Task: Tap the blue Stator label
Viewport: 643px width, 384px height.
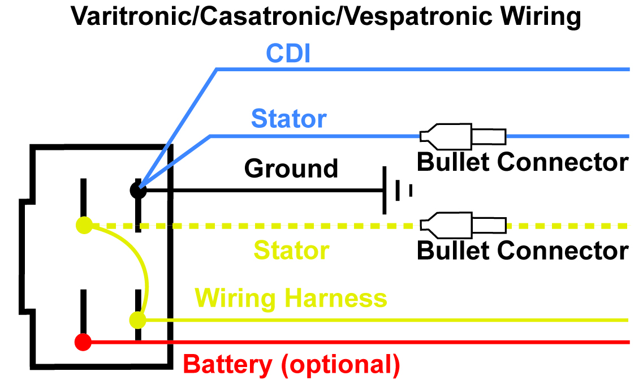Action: coord(288,119)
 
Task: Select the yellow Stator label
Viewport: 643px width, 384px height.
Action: coord(291,251)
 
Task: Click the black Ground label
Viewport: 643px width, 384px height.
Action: coord(291,169)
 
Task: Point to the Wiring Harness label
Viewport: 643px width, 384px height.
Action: coord(291,298)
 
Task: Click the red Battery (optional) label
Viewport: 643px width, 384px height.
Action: coord(292,365)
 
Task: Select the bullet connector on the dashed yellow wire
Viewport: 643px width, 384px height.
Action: coord(462,225)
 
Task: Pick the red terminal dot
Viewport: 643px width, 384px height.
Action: coord(83,342)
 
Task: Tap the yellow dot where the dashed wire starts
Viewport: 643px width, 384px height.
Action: coord(84,225)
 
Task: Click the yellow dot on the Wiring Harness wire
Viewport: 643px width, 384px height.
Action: coord(137,321)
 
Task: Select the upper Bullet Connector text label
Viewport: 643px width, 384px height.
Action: coord(523,162)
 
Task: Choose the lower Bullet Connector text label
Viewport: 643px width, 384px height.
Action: coord(523,250)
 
